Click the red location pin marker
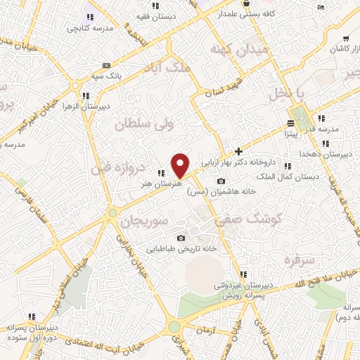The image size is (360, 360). (x=181, y=165)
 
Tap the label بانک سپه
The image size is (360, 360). (x=108, y=74)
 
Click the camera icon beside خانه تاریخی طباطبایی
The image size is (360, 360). (x=181, y=238)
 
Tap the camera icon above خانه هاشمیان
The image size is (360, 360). (x=221, y=181)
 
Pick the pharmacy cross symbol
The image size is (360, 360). (x=238, y=150)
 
